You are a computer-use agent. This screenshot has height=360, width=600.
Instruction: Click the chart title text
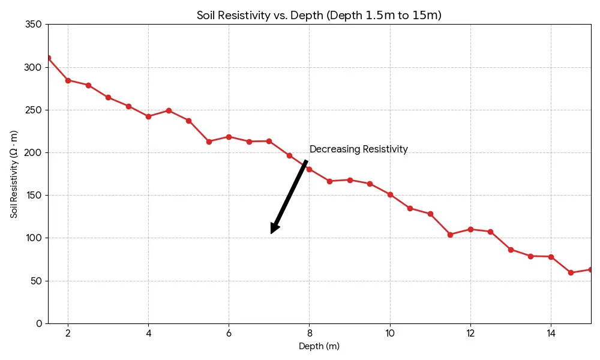point(319,16)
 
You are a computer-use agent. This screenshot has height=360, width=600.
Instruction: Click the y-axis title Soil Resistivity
point(14,174)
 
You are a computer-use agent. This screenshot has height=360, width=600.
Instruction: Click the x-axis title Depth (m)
point(319,346)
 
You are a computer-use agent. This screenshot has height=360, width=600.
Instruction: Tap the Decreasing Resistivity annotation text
point(358,149)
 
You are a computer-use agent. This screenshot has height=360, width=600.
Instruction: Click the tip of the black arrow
point(272,233)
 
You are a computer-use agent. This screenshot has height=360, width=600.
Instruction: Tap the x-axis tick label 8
point(309,333)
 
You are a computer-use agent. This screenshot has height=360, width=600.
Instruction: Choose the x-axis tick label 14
point(550,333)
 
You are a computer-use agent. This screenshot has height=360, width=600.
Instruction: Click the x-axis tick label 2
point(68,333)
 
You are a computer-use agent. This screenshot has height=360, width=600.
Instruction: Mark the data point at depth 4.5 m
point(169,110)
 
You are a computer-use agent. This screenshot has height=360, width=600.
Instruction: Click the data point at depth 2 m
point(68,80)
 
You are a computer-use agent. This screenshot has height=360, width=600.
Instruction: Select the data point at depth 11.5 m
point(450,235)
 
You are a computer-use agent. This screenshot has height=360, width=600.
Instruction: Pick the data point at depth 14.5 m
point(571,272)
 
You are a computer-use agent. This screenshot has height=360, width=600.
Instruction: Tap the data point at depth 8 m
point(309,169)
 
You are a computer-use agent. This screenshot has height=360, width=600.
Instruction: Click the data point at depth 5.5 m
point(209,142)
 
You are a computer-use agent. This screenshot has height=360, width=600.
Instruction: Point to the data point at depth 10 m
point(390,194)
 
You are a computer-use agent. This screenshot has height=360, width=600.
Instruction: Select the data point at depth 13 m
point(511,250)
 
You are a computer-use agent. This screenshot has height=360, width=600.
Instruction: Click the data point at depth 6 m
point(229,137)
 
